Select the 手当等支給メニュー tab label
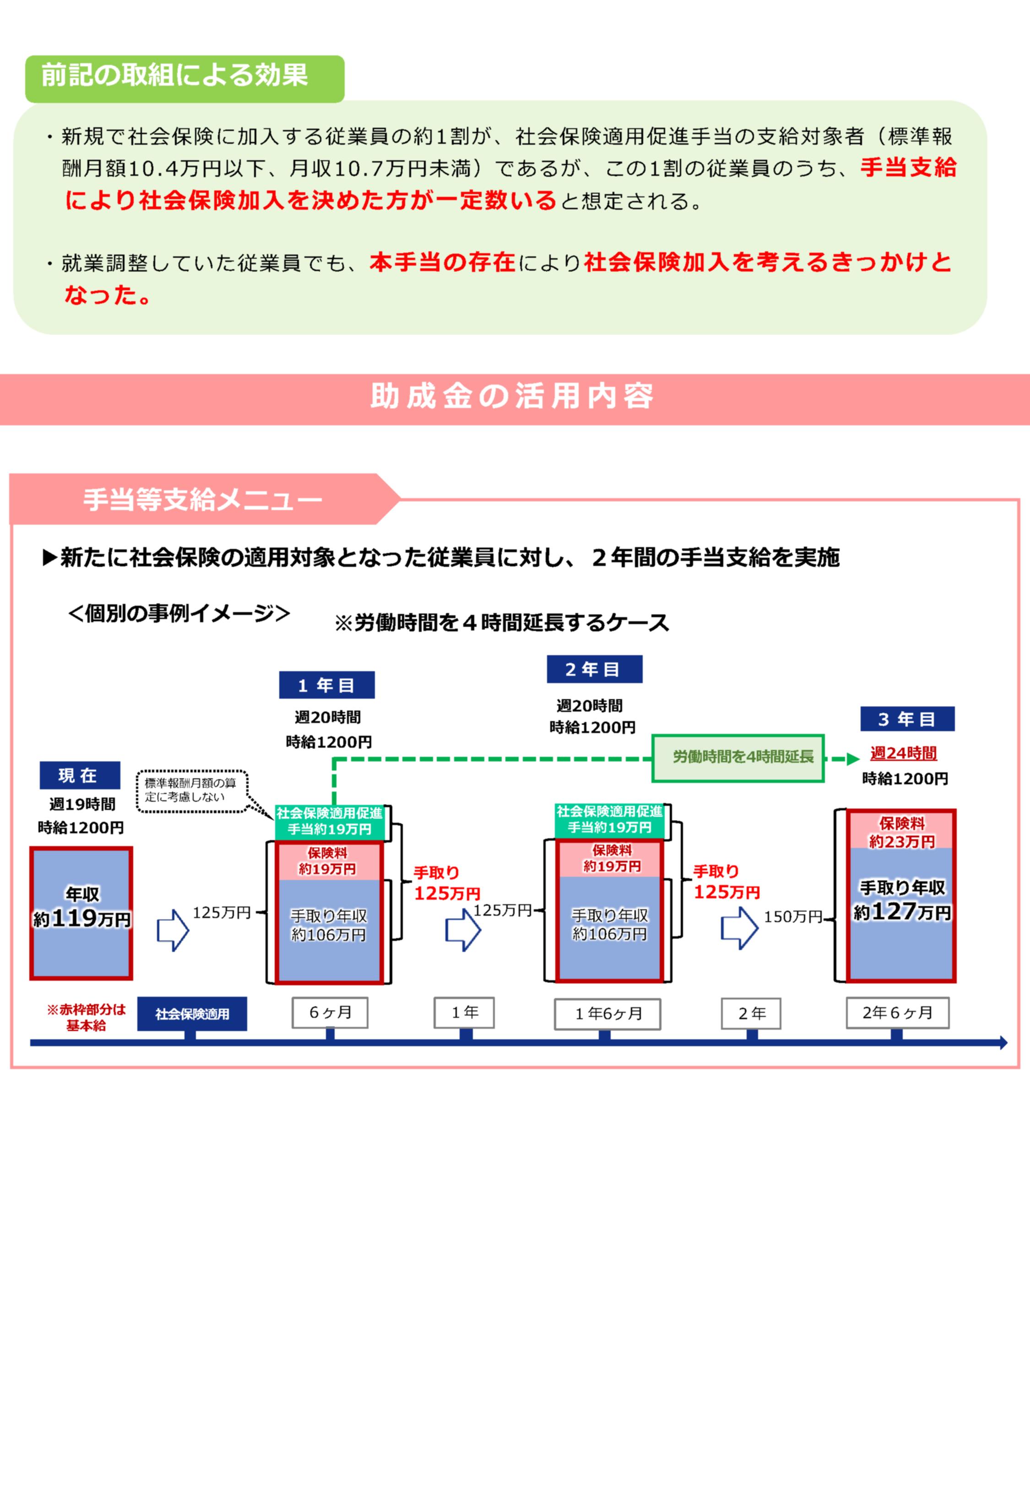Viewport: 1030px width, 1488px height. click(202, 500)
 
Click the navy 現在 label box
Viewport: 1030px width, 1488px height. click(79, 775)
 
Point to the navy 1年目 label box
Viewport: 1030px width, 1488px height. click(326, 685)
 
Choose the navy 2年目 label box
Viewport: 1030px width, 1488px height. click(594, 669)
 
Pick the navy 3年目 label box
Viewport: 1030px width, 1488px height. click(907, 719)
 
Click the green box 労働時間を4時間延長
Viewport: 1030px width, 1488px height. click(737, 758)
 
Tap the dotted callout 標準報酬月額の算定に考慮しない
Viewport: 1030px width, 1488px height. click(190, 790)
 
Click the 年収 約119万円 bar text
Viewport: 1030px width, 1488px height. click(81, 907)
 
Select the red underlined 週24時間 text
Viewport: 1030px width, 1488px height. click(903, 753)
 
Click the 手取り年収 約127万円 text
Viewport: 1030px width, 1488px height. click(901, 901)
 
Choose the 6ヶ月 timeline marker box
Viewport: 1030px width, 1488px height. click(330, 1012)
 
